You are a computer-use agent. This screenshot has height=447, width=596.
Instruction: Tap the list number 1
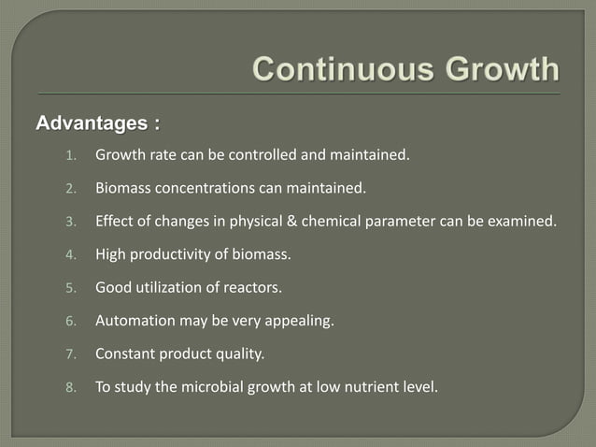pyautogui.click(x=69, y=155)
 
